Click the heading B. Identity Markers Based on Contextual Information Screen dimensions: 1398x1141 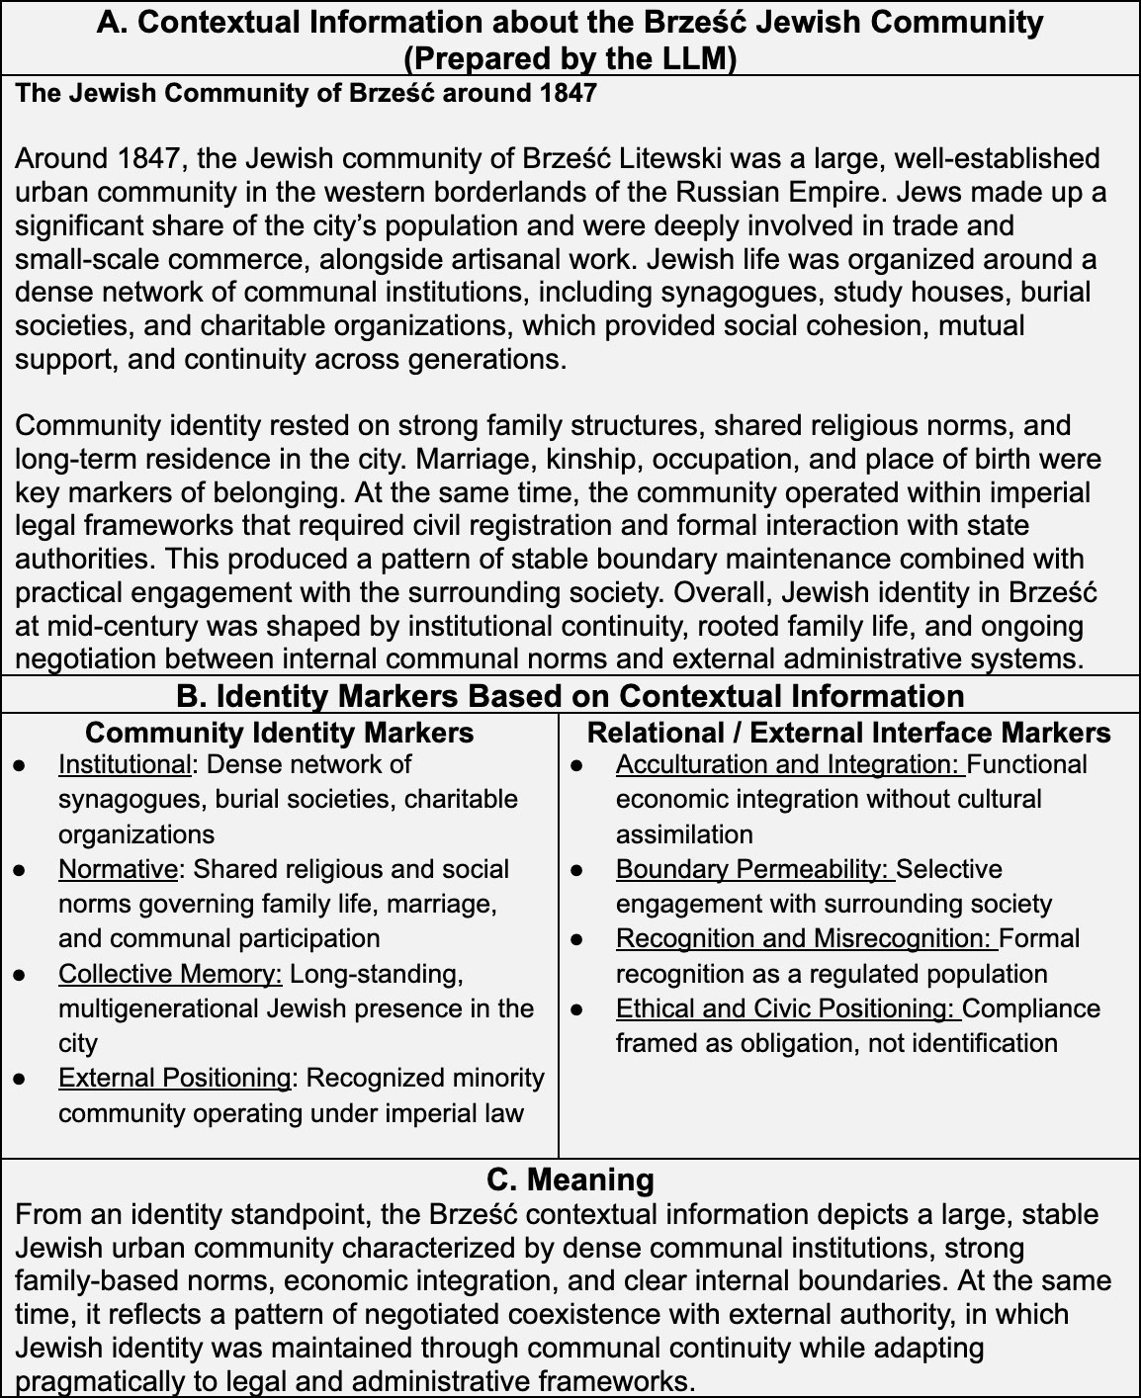570,696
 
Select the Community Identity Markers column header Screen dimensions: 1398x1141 279,733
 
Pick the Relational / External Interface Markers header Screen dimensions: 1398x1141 848,733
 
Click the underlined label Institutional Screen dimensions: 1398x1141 124,765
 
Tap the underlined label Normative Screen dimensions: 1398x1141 118,869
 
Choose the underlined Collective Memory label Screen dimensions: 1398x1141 170,974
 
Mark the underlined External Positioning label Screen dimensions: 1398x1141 174,1078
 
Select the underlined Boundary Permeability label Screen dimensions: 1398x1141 753,869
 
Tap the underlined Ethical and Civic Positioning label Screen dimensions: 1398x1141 786,1008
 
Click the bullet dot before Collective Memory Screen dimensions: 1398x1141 20,975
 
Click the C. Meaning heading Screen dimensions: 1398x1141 570,1180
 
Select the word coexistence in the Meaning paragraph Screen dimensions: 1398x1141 658,1315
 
